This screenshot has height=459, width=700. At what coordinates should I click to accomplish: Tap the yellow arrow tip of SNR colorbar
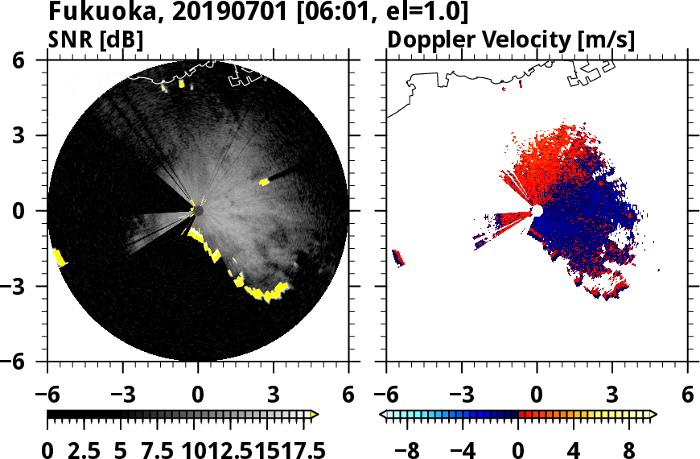tap(315, 415)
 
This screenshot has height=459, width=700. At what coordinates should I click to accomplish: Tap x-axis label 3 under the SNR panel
tap(274, 395)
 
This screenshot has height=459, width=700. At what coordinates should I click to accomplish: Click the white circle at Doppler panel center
tap(537, 211)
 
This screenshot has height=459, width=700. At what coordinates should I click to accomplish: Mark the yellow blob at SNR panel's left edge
tap(59, 258)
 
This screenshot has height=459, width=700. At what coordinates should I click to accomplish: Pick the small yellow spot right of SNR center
tap(264, 182)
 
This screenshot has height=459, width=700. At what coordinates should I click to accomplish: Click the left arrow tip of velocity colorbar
tap(382, 415)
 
